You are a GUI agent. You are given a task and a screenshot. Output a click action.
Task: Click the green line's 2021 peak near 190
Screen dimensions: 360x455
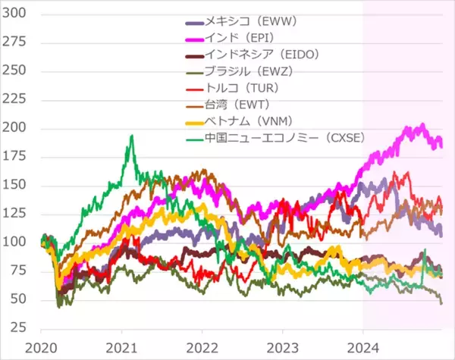click(x=132, y=136)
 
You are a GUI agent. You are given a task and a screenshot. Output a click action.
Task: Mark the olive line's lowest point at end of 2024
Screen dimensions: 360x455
click(x=441, y=302)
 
